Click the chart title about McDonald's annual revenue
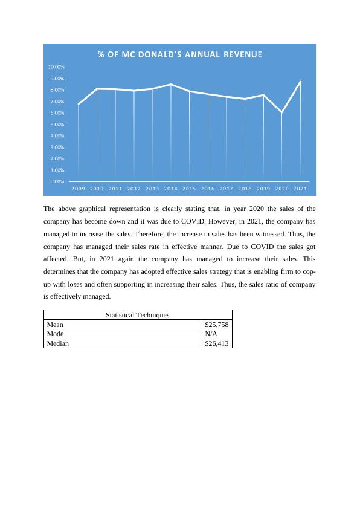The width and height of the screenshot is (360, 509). click(180, 54)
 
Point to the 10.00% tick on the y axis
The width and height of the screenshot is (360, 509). click(57, 67)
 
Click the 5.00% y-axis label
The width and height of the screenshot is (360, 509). click(57, 125)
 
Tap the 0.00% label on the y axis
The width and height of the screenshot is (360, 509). click(57, 181)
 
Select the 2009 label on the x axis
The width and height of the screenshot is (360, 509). click(79, 189)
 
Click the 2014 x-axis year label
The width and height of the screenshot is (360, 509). click(171, 189)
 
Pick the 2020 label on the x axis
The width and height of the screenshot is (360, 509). click(282, 189)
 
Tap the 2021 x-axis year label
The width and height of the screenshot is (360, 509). click(300, 189)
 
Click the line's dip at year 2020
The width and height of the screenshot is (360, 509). click(282, 112)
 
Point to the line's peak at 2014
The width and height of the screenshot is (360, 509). click(171, 85)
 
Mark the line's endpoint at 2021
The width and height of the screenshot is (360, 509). click(300, 82)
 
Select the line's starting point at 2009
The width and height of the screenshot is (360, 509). click(79, 105)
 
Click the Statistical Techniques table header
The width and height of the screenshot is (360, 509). click(138, 315)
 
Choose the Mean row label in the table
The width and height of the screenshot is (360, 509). click(55, 325)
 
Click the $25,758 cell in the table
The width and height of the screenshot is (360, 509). click(217, 325)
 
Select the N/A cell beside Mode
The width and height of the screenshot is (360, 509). click(211, 334)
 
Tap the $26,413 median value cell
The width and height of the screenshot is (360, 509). click(217, 343)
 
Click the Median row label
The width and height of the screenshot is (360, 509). click(58, 343)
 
